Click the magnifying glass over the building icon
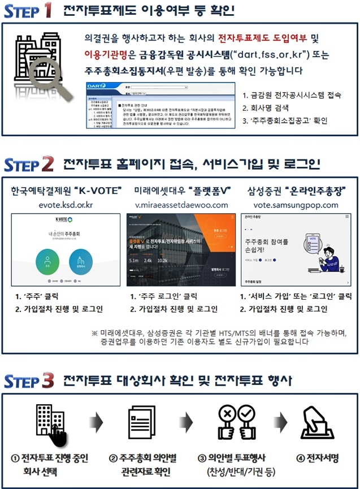point(45,73)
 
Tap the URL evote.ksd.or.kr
point(66,205)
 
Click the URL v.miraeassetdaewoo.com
point(181,205)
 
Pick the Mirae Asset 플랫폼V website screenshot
point(181,250)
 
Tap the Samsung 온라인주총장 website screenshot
point(296,250)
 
